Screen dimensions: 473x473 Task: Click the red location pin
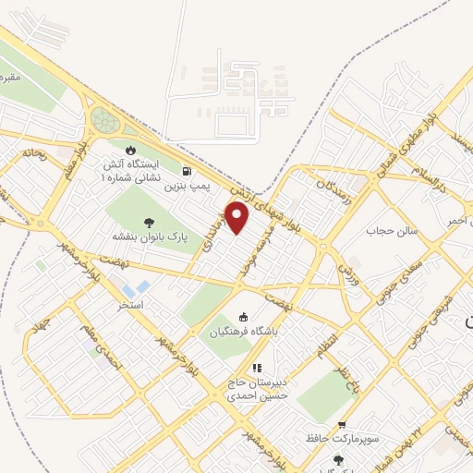238,218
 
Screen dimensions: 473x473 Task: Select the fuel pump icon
188,171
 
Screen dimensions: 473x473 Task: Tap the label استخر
127,303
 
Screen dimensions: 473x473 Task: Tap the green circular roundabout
104,120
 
